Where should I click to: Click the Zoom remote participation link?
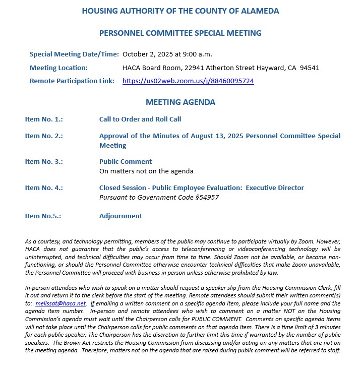pos(188,81)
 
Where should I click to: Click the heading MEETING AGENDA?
pos(181,102)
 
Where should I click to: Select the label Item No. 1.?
pos(44,119)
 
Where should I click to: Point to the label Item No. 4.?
pos(44,188)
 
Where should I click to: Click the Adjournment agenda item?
pos(121,216)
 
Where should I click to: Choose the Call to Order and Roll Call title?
pos(140,119)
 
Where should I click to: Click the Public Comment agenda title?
pos(126,162)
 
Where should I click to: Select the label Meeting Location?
pos(58,68)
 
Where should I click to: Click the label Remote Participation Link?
pos(72,81)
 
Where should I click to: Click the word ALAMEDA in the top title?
pos(255,11)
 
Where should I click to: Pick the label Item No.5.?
pos(43,216)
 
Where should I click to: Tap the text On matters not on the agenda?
pos(146,171)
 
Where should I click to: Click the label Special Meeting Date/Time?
pos(74,54)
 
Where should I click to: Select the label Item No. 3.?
pos(44,162)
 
